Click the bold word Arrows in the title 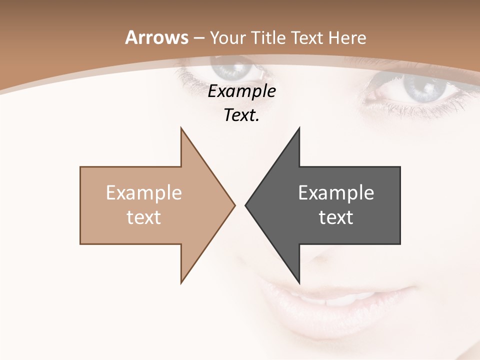point(156,37)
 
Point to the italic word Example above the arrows point(241,91)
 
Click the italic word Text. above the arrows point(241,115)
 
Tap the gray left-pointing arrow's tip point(247,205)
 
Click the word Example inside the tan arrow point(144,193)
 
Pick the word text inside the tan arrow point(144,217)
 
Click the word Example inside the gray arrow point(336,193)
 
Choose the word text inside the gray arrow point(336,217)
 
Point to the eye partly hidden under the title point(235,67)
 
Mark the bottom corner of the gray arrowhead point(299,282)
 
